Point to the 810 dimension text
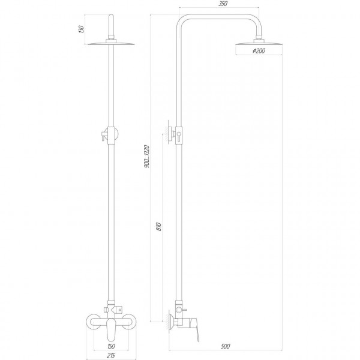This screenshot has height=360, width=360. [157, 228]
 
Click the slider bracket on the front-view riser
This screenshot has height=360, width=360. [108, 135]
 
